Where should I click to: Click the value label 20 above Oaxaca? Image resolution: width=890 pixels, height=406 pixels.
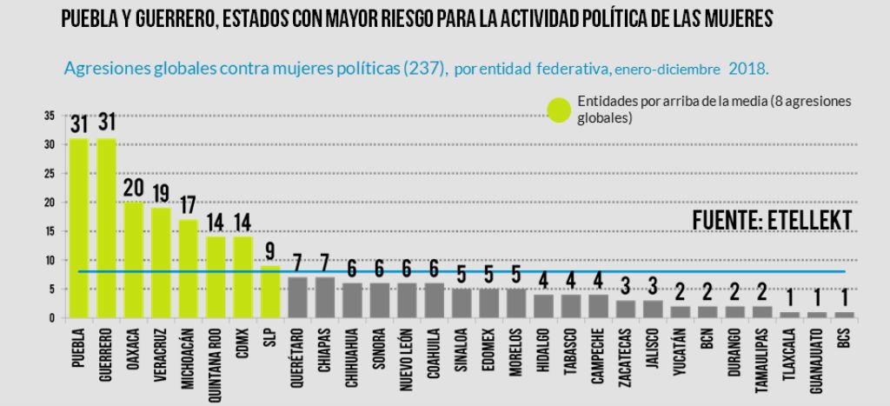point(133,189)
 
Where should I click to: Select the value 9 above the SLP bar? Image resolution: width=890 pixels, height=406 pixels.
point(270,252)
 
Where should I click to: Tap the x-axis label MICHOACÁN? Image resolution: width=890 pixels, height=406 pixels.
point(188,363)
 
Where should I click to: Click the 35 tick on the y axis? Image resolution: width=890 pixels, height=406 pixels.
point(50,116)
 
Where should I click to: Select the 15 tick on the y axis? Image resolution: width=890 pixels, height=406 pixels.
point(50,231)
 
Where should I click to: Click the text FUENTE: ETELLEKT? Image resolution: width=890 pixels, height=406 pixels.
point(772,220)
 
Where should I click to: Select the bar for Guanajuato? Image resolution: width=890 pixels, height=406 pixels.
point(815,314)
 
